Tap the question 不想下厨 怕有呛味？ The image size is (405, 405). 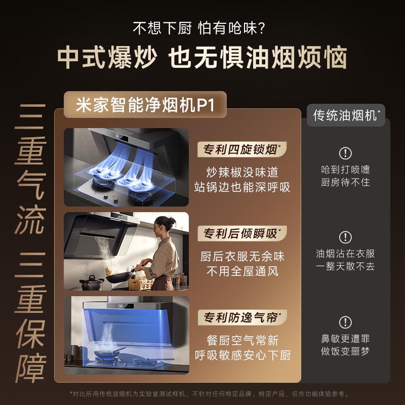point(202,27)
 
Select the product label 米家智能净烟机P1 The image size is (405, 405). point(145,106)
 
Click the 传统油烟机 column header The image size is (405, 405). point(346,115)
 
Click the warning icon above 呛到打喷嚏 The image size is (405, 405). point(345,153)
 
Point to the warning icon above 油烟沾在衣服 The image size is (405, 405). point(345,237)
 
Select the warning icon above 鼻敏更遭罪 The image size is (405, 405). point(345,322)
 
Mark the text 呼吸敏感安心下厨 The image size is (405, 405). point(242,355)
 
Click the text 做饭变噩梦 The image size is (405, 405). point(345,351)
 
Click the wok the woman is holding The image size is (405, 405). point(118,276)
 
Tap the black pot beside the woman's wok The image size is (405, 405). point(92,282)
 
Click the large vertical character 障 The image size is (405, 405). point(30,369)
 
